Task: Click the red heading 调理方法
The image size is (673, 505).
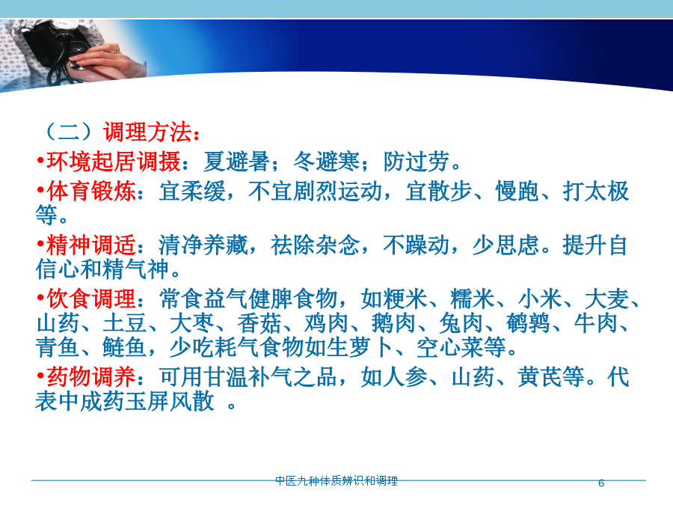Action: coord(147,132)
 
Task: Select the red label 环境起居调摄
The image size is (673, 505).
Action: coord(114,162)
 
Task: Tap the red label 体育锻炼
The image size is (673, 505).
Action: coord(91,191)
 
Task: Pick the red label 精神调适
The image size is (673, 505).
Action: coord(91,245)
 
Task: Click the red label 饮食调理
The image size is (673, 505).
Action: coord(91,299)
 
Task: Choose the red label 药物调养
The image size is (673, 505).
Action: coord(91,378)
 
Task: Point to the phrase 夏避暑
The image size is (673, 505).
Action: coord(236,162)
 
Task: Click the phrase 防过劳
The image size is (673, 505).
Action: coord(417,162)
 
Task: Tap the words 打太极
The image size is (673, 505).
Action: coord(596,191)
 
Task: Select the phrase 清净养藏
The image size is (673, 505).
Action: coord(203,245)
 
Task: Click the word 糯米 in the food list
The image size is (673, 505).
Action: coord(473,299)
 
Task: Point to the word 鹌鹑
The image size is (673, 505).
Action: coord(529,323)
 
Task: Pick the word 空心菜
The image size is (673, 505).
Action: coord(450,347)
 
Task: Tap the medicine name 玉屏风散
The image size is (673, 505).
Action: coord(170,402)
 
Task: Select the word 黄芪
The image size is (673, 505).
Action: coord(539,378)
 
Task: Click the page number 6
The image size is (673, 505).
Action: coord(601,483)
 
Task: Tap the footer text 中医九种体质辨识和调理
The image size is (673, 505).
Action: coord(336,481)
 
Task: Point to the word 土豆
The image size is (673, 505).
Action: coord(124,323)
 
